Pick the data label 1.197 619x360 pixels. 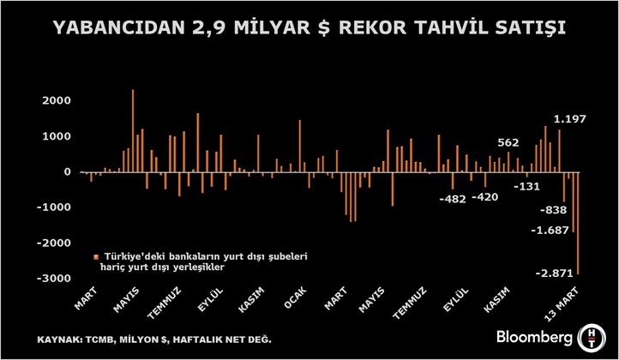coord(570,119)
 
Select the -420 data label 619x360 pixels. coord(486,196)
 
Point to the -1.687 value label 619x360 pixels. coord(550,230)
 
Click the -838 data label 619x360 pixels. coord(553,209)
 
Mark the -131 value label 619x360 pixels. coord(526,186)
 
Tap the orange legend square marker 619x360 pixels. coord(94,255)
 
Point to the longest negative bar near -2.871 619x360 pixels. coord(577,223)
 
